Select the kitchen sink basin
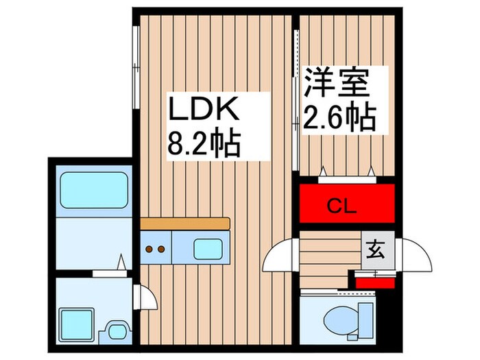pyautogui.click(x=208, y=248)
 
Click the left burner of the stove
pyautogui.click(x=150, y=250)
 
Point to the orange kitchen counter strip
pyautogui.click(x=185, y=224)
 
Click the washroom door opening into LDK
pyautogui.click(x=145, y=297)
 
